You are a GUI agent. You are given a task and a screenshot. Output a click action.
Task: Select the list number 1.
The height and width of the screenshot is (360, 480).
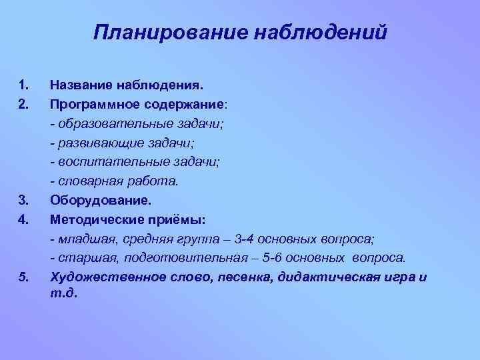point(25,85)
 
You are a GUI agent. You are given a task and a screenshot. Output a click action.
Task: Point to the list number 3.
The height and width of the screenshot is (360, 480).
point(25,199)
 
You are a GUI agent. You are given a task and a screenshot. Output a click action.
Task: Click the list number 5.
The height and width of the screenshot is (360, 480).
point(25,276)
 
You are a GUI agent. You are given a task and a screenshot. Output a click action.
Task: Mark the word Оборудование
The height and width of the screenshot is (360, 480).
point(101,199)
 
